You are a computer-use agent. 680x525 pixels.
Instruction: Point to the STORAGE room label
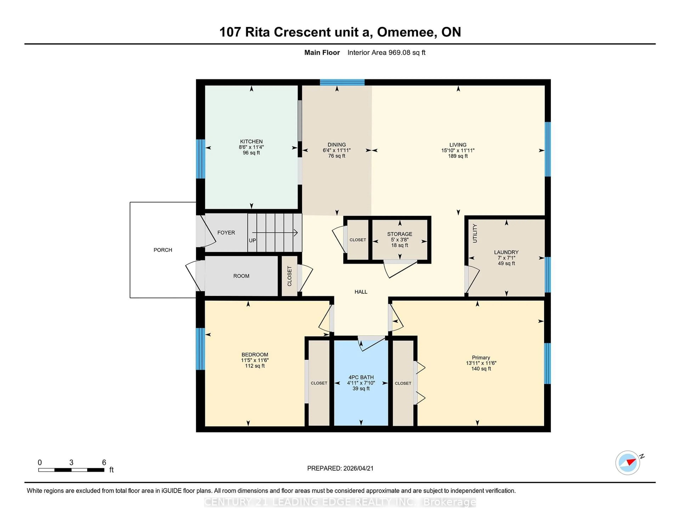pos(399,234)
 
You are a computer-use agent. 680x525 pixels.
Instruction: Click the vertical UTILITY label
pos(475,233)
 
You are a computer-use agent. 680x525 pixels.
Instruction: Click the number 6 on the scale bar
pos(104,463)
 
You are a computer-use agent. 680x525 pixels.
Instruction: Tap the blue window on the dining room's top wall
pos(342,82)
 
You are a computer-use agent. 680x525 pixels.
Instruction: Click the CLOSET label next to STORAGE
pos(357,240)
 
